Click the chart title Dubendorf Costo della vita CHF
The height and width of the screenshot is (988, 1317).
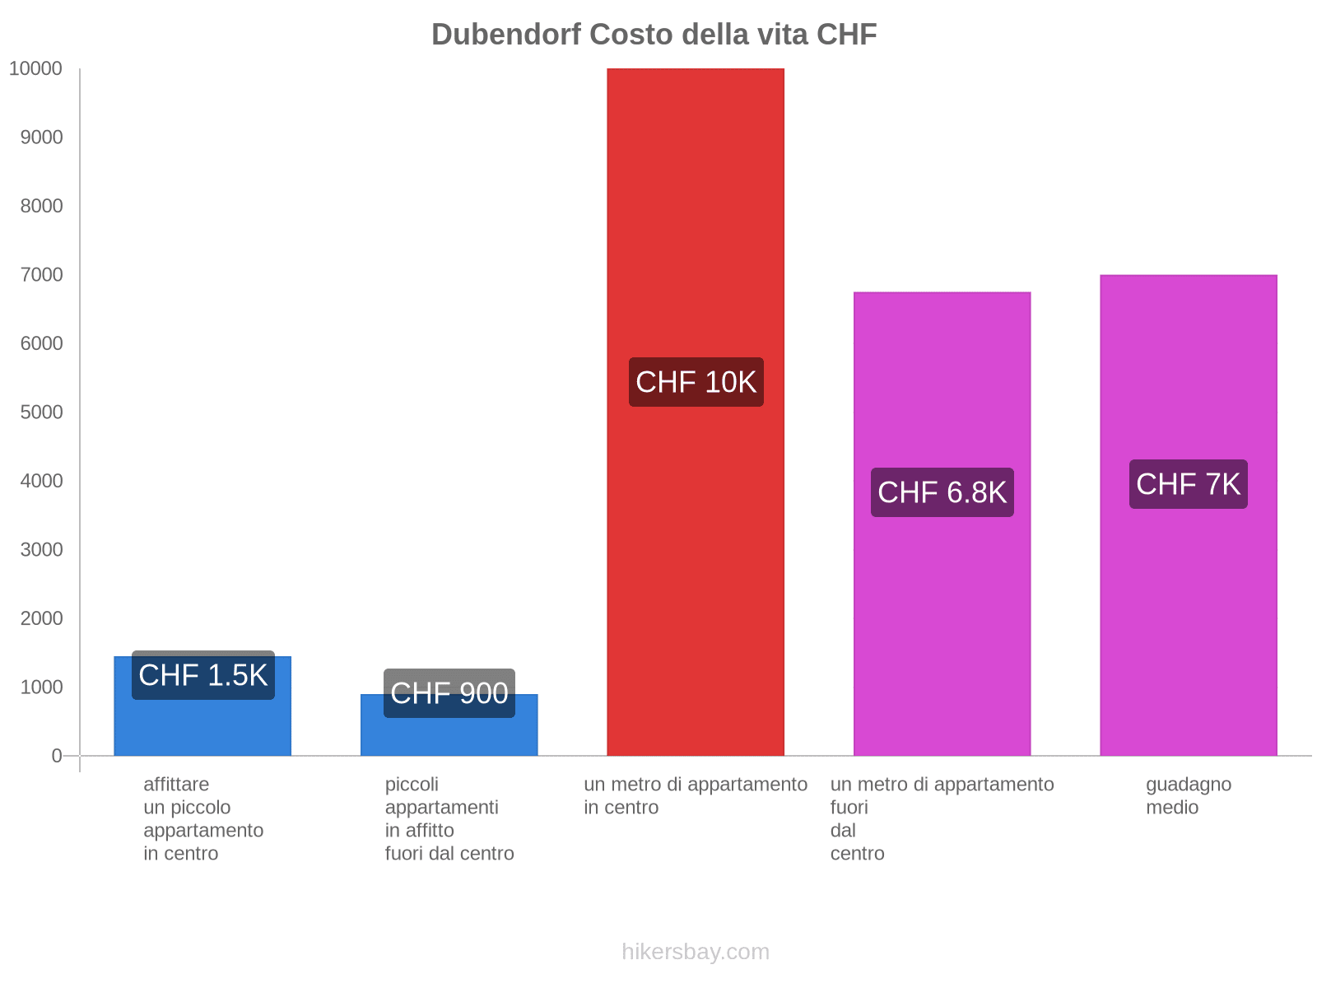[x=654, y=35]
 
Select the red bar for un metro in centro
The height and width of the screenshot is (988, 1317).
[x=696, y=206]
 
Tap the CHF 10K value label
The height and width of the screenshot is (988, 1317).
[x=696, y=382]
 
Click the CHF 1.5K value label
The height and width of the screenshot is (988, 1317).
[x=202, y=675]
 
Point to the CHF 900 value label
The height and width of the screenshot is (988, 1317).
[x=449, y=693]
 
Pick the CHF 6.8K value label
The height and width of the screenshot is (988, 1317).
[x=942, y=492]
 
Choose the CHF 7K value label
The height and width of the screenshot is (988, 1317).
[x=1188, y=484]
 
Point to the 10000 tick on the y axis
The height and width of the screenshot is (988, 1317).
[x=36, y=69]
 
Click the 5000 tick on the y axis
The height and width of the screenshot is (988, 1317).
[x=41, y=412]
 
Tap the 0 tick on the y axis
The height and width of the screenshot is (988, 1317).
[x=57, y=756]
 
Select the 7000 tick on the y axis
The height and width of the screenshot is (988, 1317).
[x=41, y=275]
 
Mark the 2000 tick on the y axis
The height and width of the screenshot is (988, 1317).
[x=41, y=618]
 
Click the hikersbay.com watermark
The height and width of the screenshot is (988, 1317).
[x=696, y=952]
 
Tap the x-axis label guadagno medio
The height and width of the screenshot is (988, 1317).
[x=1188, y=795]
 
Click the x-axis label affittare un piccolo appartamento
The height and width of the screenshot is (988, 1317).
[x=202, y=818]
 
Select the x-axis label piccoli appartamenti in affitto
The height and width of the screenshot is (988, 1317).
[x=449, y=818]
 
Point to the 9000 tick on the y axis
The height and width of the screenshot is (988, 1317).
[x=41, y=137]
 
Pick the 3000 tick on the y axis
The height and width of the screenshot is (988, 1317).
[x=41, y=550]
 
